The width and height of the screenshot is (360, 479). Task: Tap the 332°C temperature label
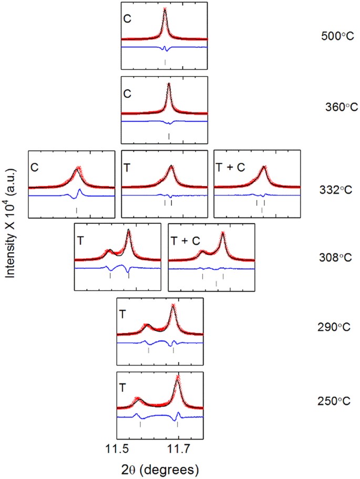336,187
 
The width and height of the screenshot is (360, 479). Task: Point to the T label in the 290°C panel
122,314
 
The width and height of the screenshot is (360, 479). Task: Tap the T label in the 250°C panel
122,388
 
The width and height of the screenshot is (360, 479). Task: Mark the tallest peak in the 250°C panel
178,378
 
